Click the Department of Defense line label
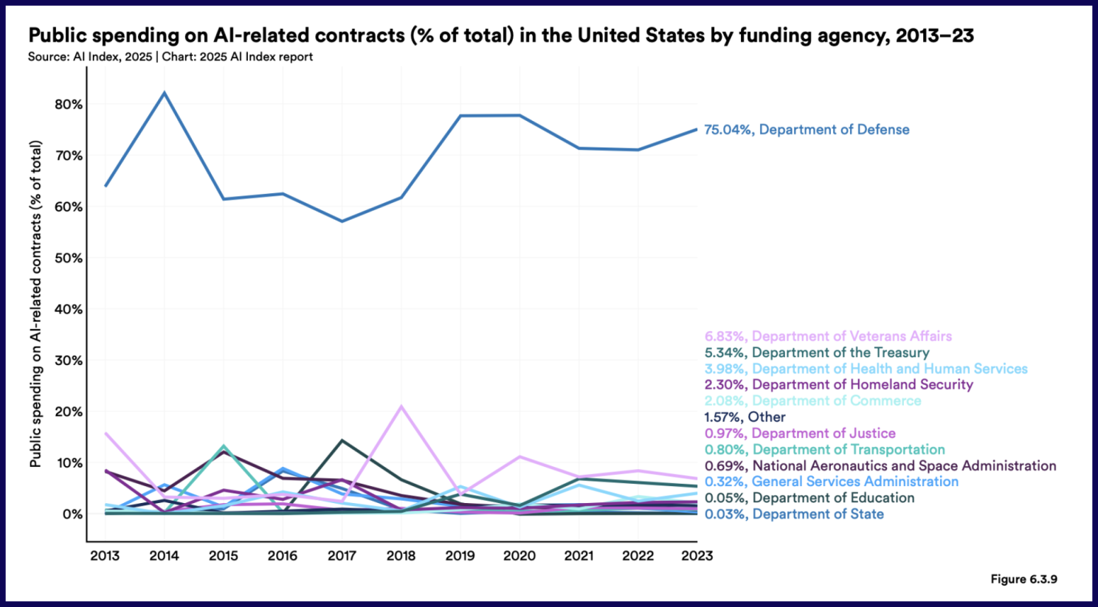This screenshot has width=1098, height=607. pos(807,130)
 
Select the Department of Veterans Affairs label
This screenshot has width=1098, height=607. pos(828,336)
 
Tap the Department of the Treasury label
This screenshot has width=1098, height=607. pos(816,353)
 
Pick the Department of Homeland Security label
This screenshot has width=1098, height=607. pos(838,385)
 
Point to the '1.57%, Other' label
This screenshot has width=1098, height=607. pos(745,417)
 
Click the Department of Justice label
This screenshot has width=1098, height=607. pos(800,434)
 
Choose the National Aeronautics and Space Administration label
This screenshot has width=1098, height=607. pos(880,466)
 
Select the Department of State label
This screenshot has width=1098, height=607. pos(794,514)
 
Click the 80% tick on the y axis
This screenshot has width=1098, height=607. pos(69,105)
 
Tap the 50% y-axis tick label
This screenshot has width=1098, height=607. pos(69,258)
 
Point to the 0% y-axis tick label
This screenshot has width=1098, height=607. pos(72,514)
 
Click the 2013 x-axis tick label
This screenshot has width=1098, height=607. pos(105,556)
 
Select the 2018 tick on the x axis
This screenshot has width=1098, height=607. pos(401,556)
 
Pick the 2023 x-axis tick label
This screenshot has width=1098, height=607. pos(697,556)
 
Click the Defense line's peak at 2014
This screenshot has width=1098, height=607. pos(164,93)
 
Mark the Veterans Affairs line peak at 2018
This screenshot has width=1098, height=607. pos(401,406)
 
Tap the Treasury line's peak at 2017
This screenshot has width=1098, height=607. pos(342,440)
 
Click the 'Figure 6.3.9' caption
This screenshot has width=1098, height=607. pos(1023,579)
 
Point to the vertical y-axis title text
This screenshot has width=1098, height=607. pos(35,304)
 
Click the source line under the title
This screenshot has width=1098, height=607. pos(170,57)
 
